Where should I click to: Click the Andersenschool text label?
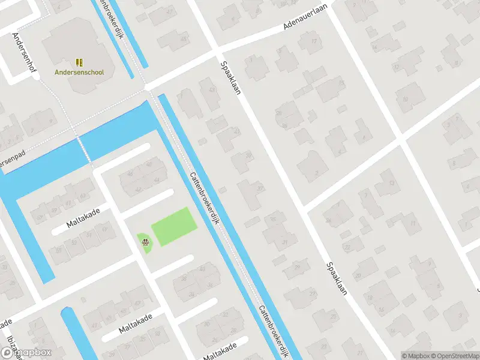point(79,73)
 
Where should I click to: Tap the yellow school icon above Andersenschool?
point(79,62)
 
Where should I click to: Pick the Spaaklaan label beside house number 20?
point(337,281)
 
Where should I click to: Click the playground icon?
point(145,242)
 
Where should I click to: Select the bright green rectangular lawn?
point(173,226)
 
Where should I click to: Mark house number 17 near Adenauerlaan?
point(314,41)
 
